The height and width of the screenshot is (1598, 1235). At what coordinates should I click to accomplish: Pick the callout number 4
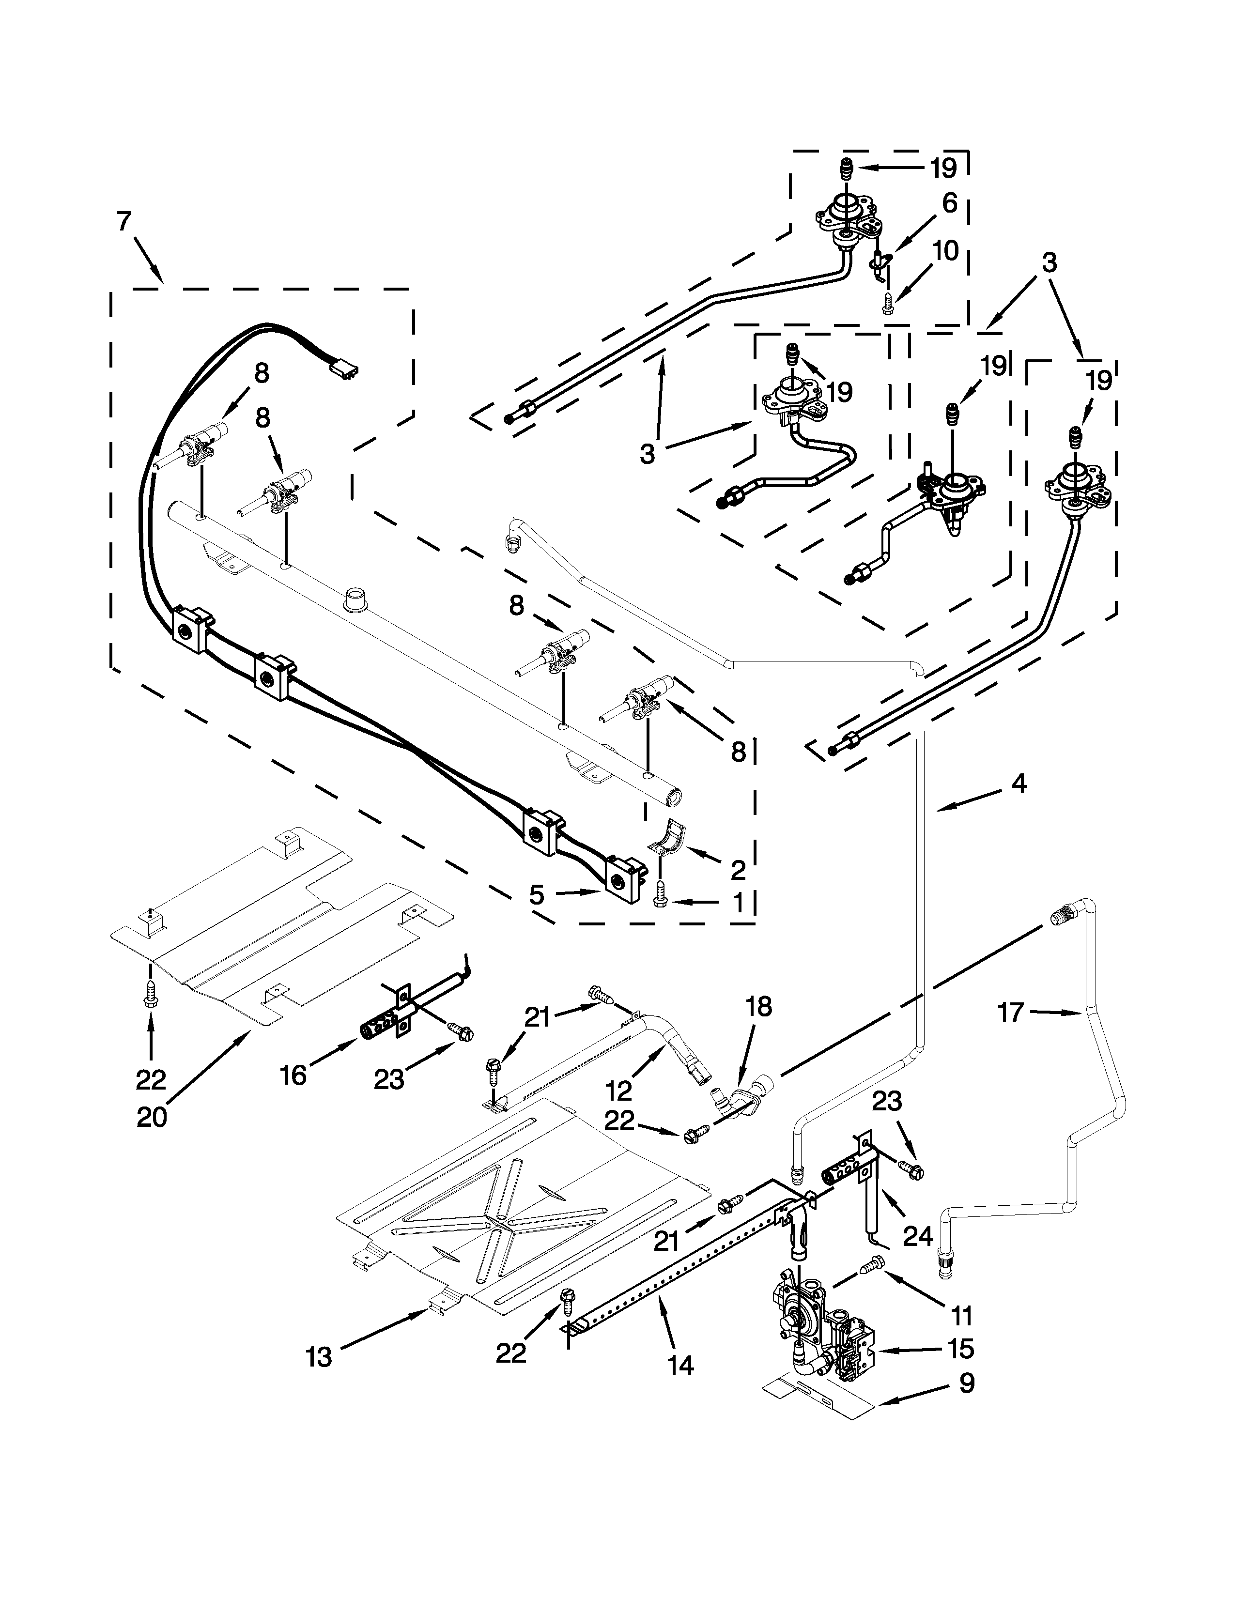[x=1019, y=784]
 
